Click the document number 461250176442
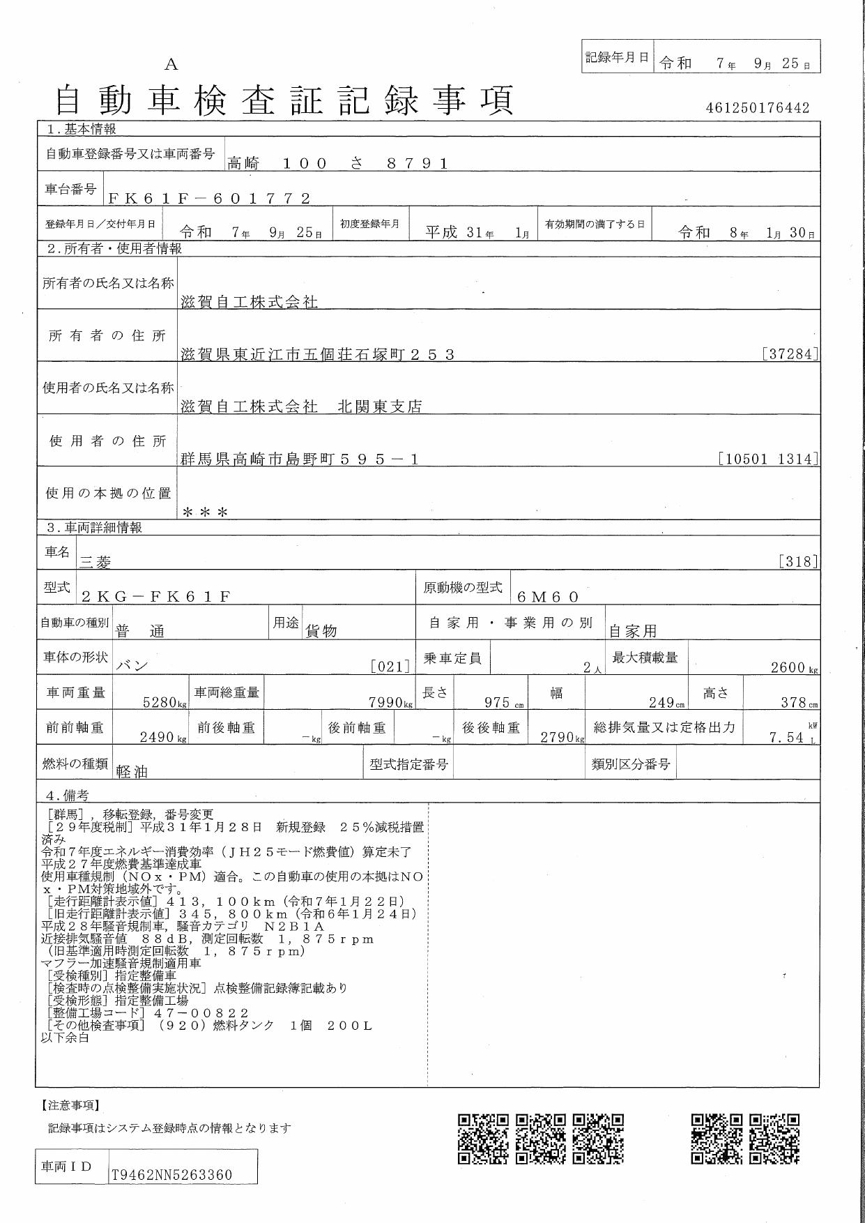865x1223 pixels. pyautogui.click(x=758, y=108)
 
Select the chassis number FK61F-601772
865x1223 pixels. pyautogui.click(x=209, y=198)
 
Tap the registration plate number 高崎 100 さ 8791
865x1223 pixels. pyautogui.click(x=337, y=164)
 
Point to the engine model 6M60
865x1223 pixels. pyautogui.click(x=549, y=596)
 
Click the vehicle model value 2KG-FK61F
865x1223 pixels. pyautogui.click(x=155, y=596)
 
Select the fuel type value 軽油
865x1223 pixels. pyautogui.click(x=132, y=771)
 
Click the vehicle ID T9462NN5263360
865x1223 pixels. pyautogui.click(x=172, y=1175)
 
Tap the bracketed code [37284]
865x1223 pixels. pyautogui.click(x=790, y=354)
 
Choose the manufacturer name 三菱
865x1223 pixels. pyautogui.click(x=95, y=561)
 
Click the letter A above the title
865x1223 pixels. pyautogui.click(x=171, y=65)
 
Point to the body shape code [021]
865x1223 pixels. pyautogui.click(x=390, y=667)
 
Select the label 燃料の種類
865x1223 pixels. pyautogui.click(x=75, y=764)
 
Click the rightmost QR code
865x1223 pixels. pyautogui.click(x=774, y=1139)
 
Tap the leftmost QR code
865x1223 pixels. pyautogui.click(x=483, y=1139)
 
